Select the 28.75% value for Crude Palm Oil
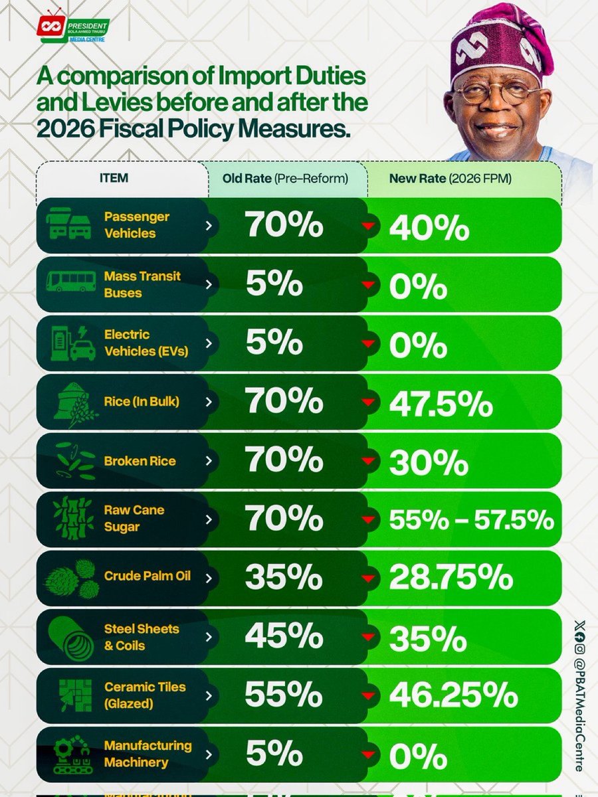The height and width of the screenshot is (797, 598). pos(450,578)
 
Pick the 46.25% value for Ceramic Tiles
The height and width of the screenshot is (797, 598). pos(452,695)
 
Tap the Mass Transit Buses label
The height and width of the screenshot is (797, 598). pos(142,284)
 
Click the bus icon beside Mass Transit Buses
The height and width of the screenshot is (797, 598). pos(70,282)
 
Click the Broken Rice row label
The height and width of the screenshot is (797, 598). pos(140,461)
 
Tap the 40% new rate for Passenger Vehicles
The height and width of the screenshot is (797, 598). pos(429,228)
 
